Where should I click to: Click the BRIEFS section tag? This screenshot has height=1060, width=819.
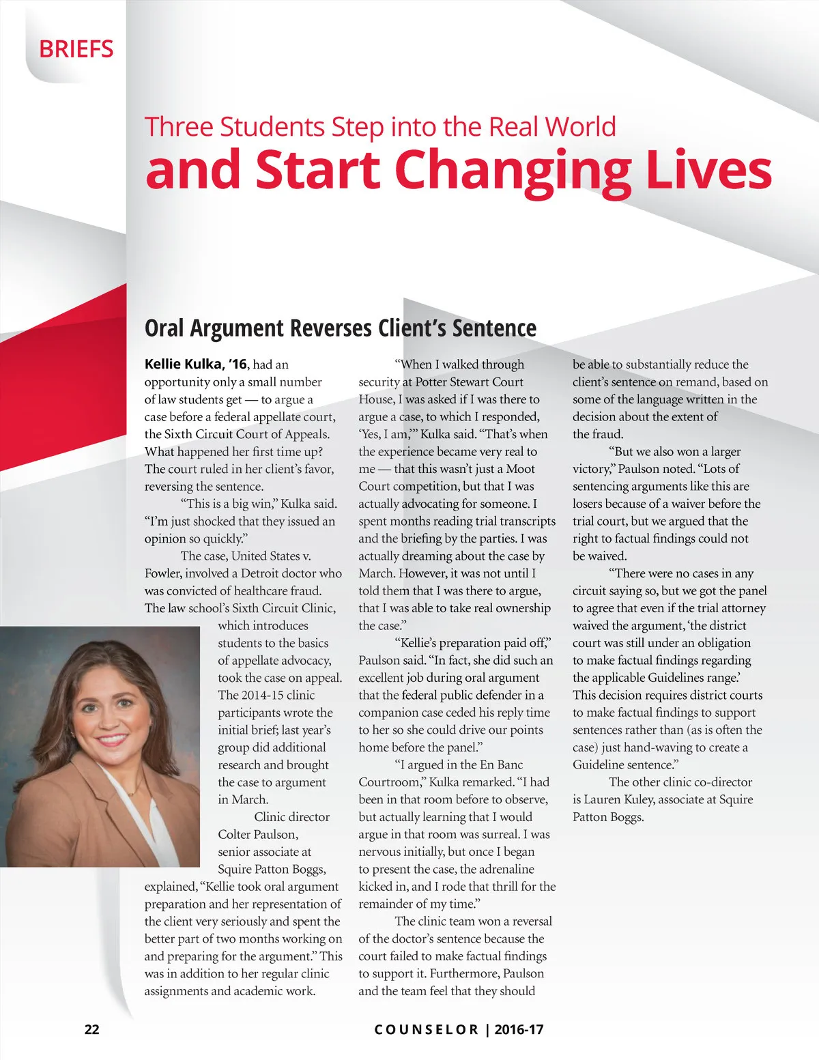(x=76, y=49)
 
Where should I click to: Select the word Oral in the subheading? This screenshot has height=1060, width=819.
(x=164, y=328)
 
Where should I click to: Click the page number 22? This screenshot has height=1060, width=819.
(x=91, y=1029)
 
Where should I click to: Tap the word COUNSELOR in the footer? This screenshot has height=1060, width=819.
(x=427, y=1029)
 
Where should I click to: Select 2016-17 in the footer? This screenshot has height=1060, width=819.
(x=519, y=1029)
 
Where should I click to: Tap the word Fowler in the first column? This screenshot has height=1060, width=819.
(x=162, y=573)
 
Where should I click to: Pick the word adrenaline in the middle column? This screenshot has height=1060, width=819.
(x=506, y=869)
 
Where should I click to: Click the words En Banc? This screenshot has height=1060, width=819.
(x=501, y=764)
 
